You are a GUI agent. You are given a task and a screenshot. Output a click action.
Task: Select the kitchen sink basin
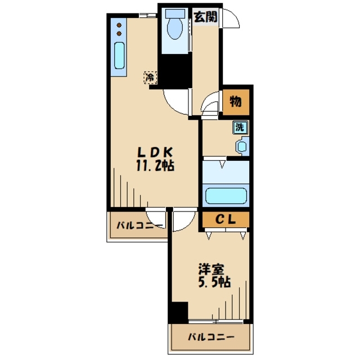[119, 58]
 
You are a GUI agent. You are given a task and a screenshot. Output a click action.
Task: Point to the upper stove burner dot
[119, 24]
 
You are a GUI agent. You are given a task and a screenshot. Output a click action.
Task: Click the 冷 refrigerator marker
[150, 77]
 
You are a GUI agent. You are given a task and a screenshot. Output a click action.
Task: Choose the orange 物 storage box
[236, 102]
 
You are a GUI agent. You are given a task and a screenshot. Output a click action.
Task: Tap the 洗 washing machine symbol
[240, 128]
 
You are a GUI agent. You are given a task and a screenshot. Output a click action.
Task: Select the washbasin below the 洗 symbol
[242, 147]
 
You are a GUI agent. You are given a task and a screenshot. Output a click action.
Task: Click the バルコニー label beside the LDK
[139, 226]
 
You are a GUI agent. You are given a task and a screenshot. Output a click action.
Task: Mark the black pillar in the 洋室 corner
[179, 312]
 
